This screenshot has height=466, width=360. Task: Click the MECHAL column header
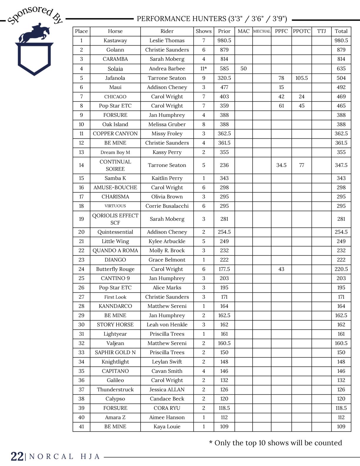pyautogui.click(x=261, y=31)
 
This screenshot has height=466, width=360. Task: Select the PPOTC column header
pyautogui.click(x=301, y=31)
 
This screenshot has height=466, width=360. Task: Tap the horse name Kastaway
pyautogui.click(x=115, y=41)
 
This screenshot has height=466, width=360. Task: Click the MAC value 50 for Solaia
pyautogui.click(x=244, y=69)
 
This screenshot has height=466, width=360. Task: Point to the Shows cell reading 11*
pyautogui.click(x=204, y=69)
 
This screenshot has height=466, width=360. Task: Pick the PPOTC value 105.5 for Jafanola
pyautogui.click(x=301, y=78)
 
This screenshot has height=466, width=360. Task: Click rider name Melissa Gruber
pyautogui.click(x=167, y=124)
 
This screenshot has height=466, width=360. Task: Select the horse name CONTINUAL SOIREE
pyautogui.click(x=115, y=165)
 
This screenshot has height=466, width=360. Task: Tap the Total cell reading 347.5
pyautogui.click(x=341, y=165)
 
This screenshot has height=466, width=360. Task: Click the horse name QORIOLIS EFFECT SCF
pyautogui.click(x=115, y=219)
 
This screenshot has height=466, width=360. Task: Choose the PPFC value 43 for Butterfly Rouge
pyautogui.click(x=281, y=269)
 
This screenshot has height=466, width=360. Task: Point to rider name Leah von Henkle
pyautogui.click(x=167, y=324)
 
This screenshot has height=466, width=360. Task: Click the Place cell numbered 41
pyautogui.click(x=81, y=427)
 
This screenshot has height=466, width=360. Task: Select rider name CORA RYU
pyautogui.click(x=167, y=408)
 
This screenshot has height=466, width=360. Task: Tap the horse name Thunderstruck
pyautogui.click(x=115, y=390)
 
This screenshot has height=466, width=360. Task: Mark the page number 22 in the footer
pyautogui.click(x=17, y=457)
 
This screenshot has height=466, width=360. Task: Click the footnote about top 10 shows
pyautogui.click(x=276, y=443)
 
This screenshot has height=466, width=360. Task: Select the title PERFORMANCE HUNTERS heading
pyautogui.click(x=212, y=19)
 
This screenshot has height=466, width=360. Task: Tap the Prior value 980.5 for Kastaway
pyautogui.click(x=224, y=41)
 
